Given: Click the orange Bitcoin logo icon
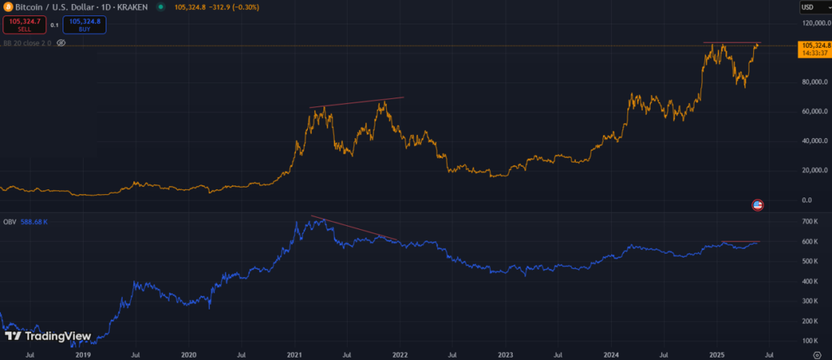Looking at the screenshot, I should pyautogui.click(x=6, y=8).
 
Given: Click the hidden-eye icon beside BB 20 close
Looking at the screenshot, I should pyautogui.click(x=60, y=42).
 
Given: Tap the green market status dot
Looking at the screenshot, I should pyautogui.click(x=160, y=8).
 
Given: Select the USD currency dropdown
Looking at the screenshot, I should pyautogui.click(x=813, y=8).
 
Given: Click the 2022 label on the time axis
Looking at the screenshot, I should pyautogui.click(x=400, y=353).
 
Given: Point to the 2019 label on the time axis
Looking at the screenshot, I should pyautogui.click(x=82, y=353).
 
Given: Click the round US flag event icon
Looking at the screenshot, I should pyautogui.click(x=758, y=205).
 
